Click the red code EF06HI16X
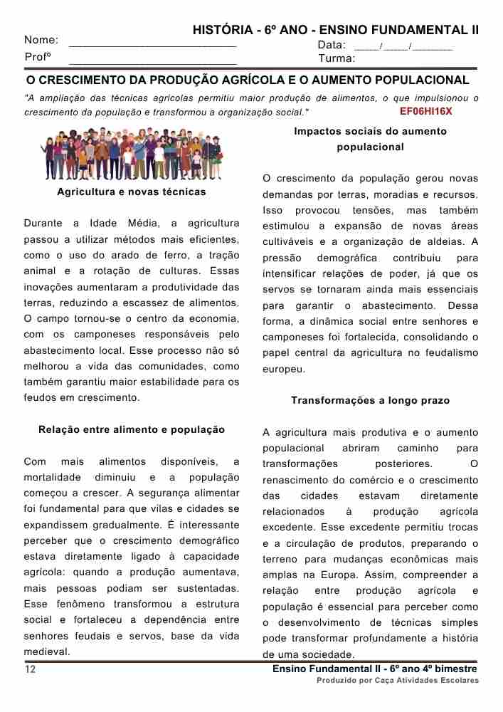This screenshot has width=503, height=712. pyautogui.click(x=426, y=112)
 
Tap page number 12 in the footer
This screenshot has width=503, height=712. pyautogui.click(x=31, y=669)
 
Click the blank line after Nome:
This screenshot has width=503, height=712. pyautogui.click(x=152, y=44)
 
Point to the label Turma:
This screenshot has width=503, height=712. pyautogui.click(x=337, y=58)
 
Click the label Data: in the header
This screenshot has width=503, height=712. pyautogui.click(x=332, y=45)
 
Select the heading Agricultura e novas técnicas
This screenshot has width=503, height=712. pyautogui.click(x=132, y=192)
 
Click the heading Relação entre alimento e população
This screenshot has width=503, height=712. pyautogui.click(x=132, y=429)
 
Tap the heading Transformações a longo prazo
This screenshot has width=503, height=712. pyautogui.click(x=370, y=401)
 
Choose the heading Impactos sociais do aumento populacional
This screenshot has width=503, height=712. pyautogui.click(x=370, y=139)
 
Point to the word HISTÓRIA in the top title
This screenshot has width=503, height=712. pyautogui.click(x=221, y=31)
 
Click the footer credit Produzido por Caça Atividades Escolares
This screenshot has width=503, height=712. pyautogui.click(x=398, y=681)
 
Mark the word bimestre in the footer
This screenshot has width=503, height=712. pyautogui.click(x=455, y=669)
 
